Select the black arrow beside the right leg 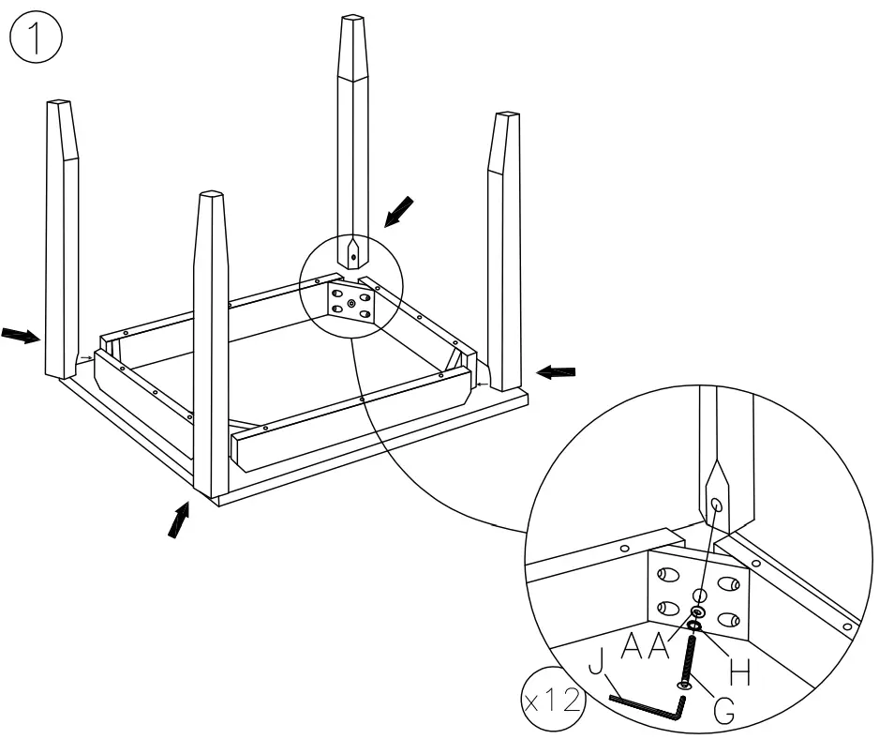554,372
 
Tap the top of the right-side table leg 508,116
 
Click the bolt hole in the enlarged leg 717,505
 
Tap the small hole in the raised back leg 353,256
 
